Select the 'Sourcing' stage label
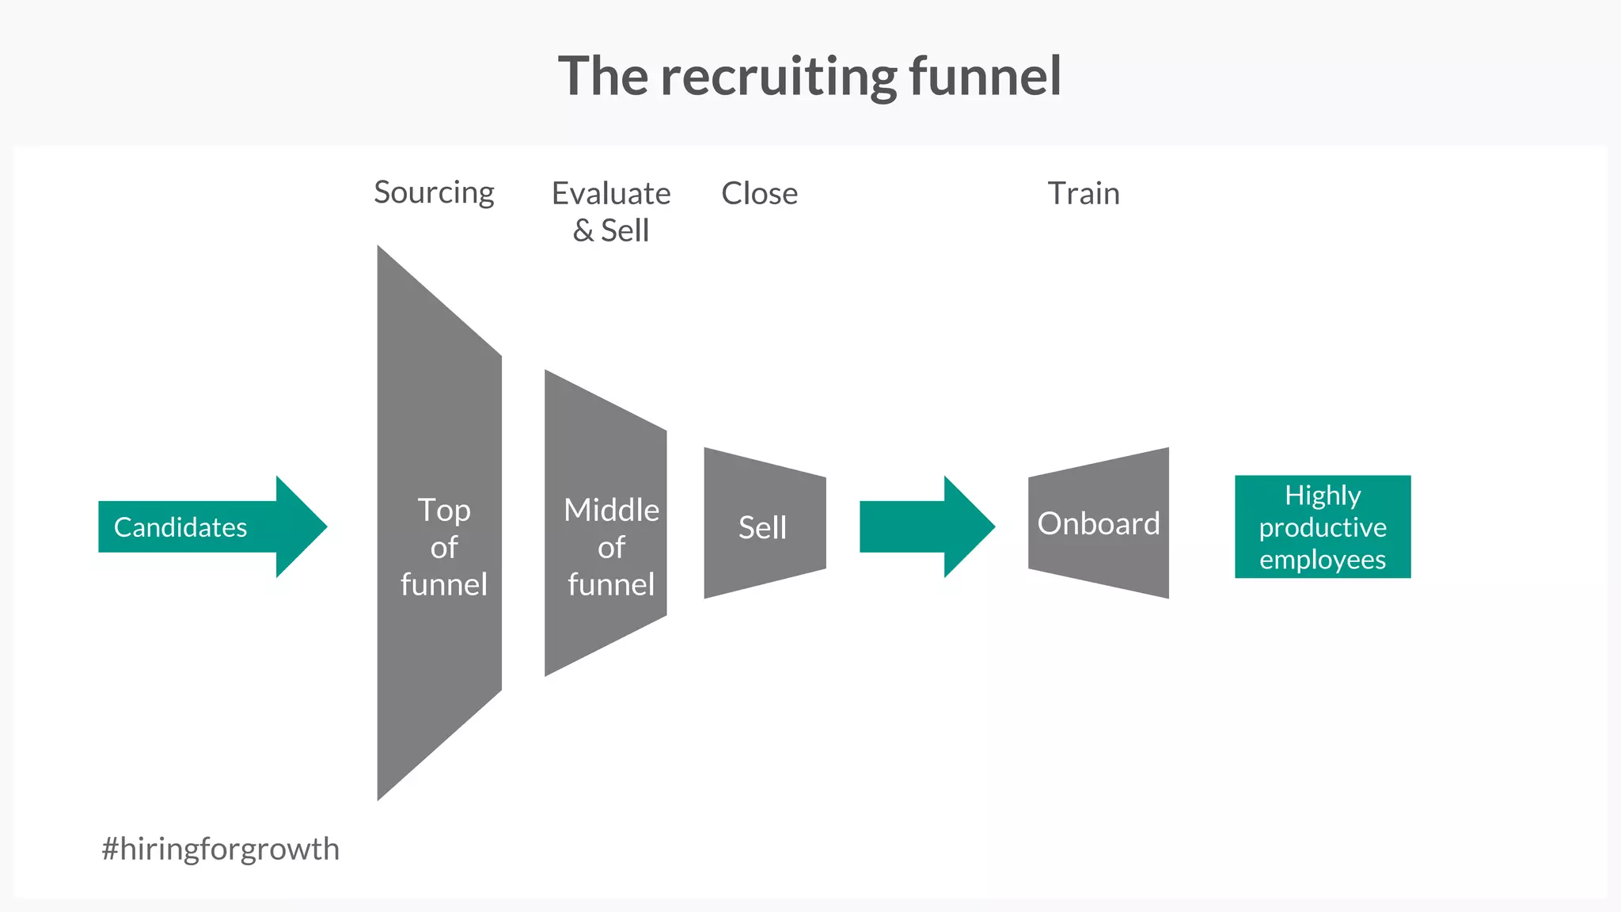coord(434,192)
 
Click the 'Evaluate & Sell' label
coord(611,211)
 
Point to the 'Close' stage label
coord(759,193)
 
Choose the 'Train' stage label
coord(1084,193)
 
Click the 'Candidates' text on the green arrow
coord(180,527)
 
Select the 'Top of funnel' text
coord(443,546)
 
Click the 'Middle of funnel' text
coord(611,546)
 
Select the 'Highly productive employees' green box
coord(1323,526)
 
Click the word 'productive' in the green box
coord(1323,527)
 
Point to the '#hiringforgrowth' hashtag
coord(220,849)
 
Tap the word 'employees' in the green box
coord(1323,560)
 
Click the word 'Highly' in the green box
coord(1323,496)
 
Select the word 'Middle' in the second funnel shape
coord(611,510)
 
